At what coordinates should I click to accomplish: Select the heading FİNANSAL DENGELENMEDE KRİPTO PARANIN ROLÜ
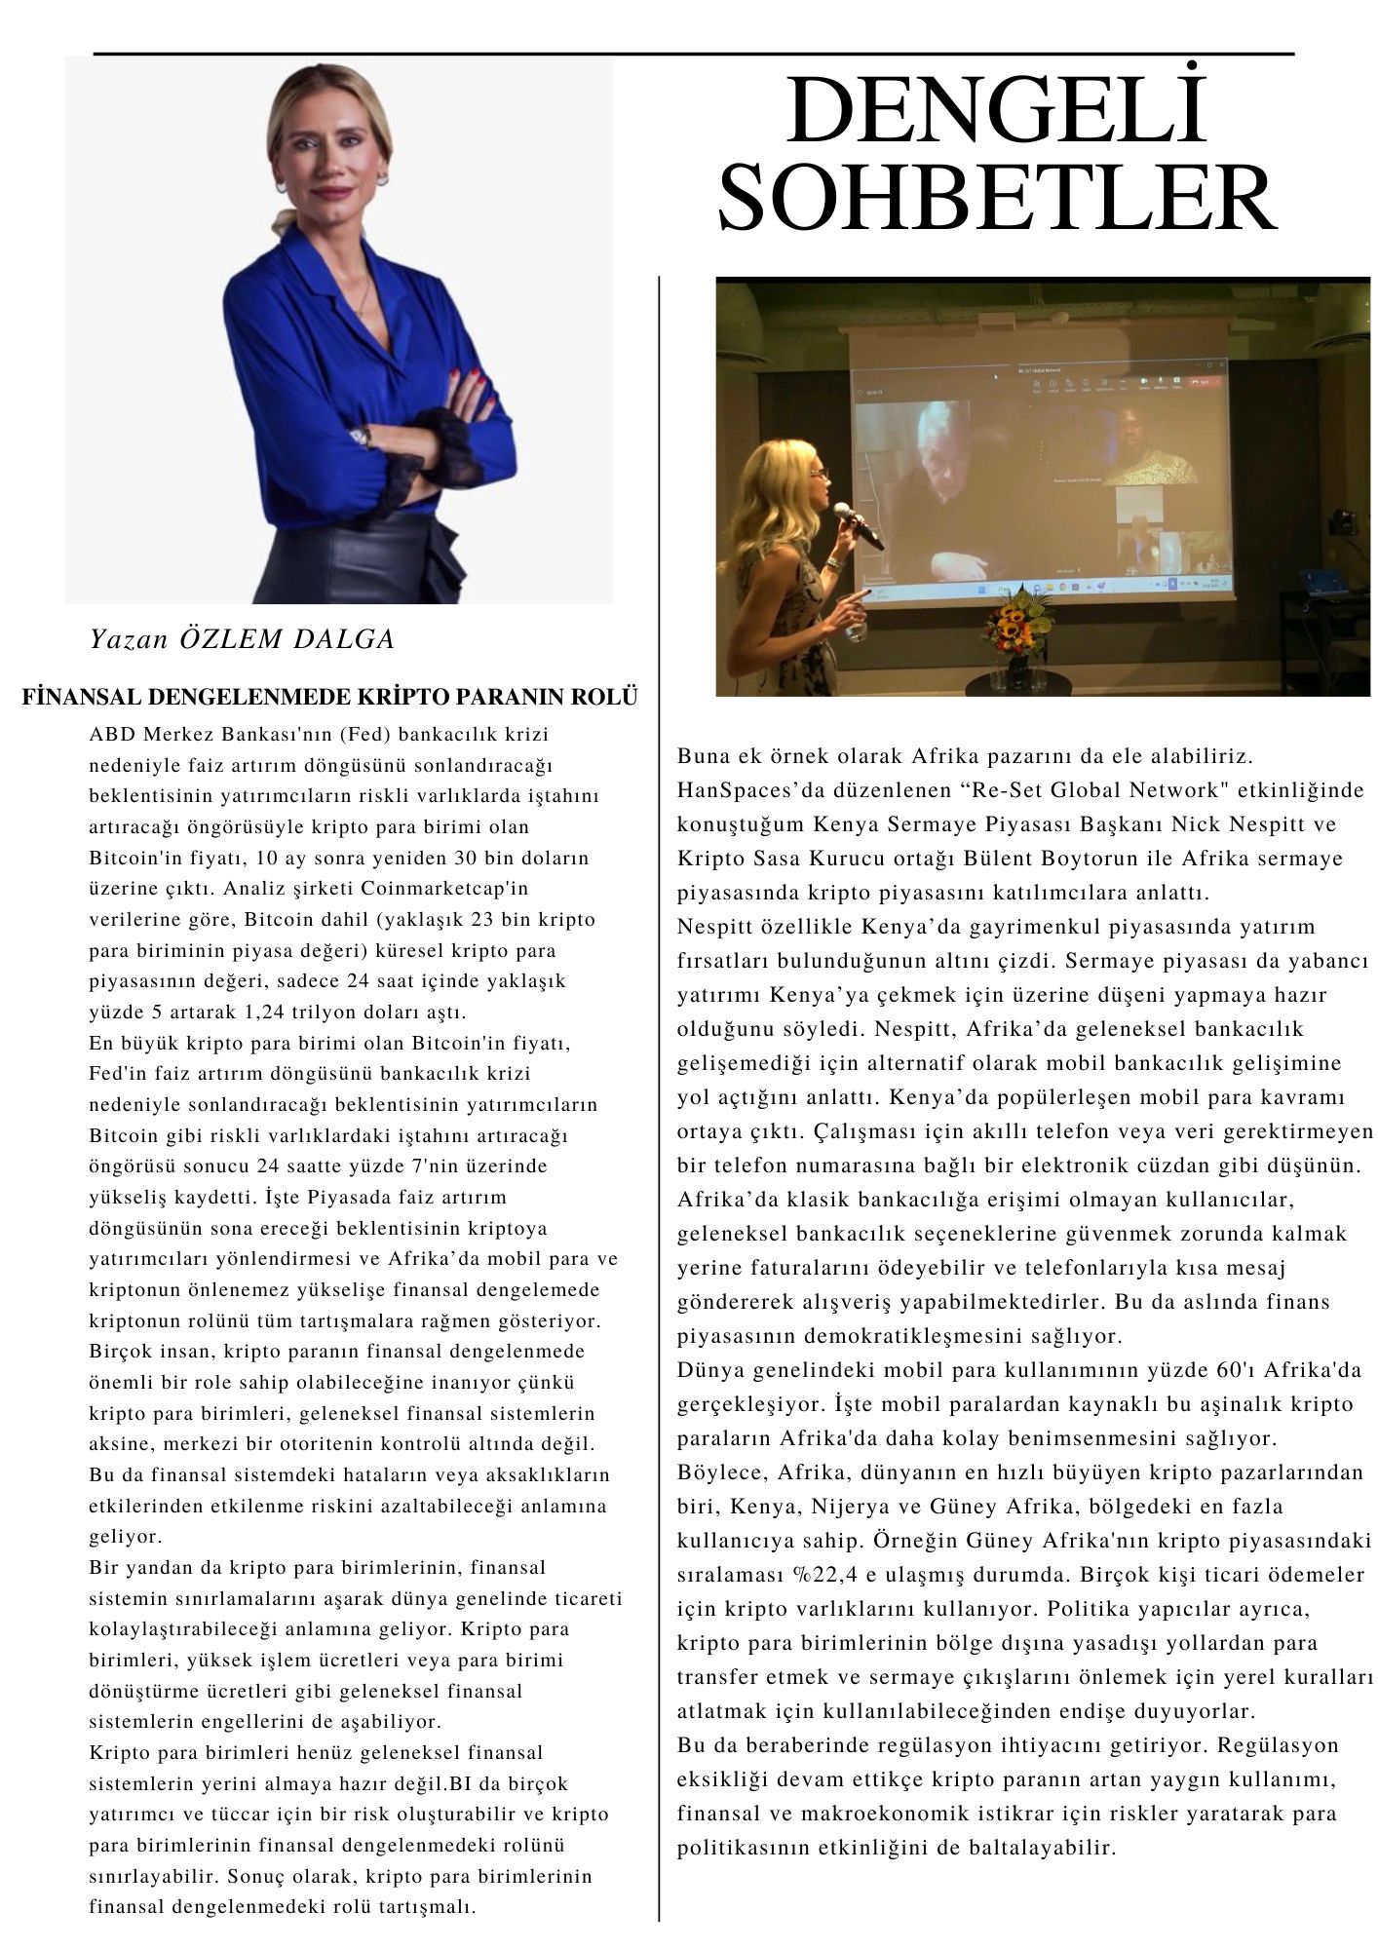(330, 699)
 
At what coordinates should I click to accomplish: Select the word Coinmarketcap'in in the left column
(432, 889)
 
